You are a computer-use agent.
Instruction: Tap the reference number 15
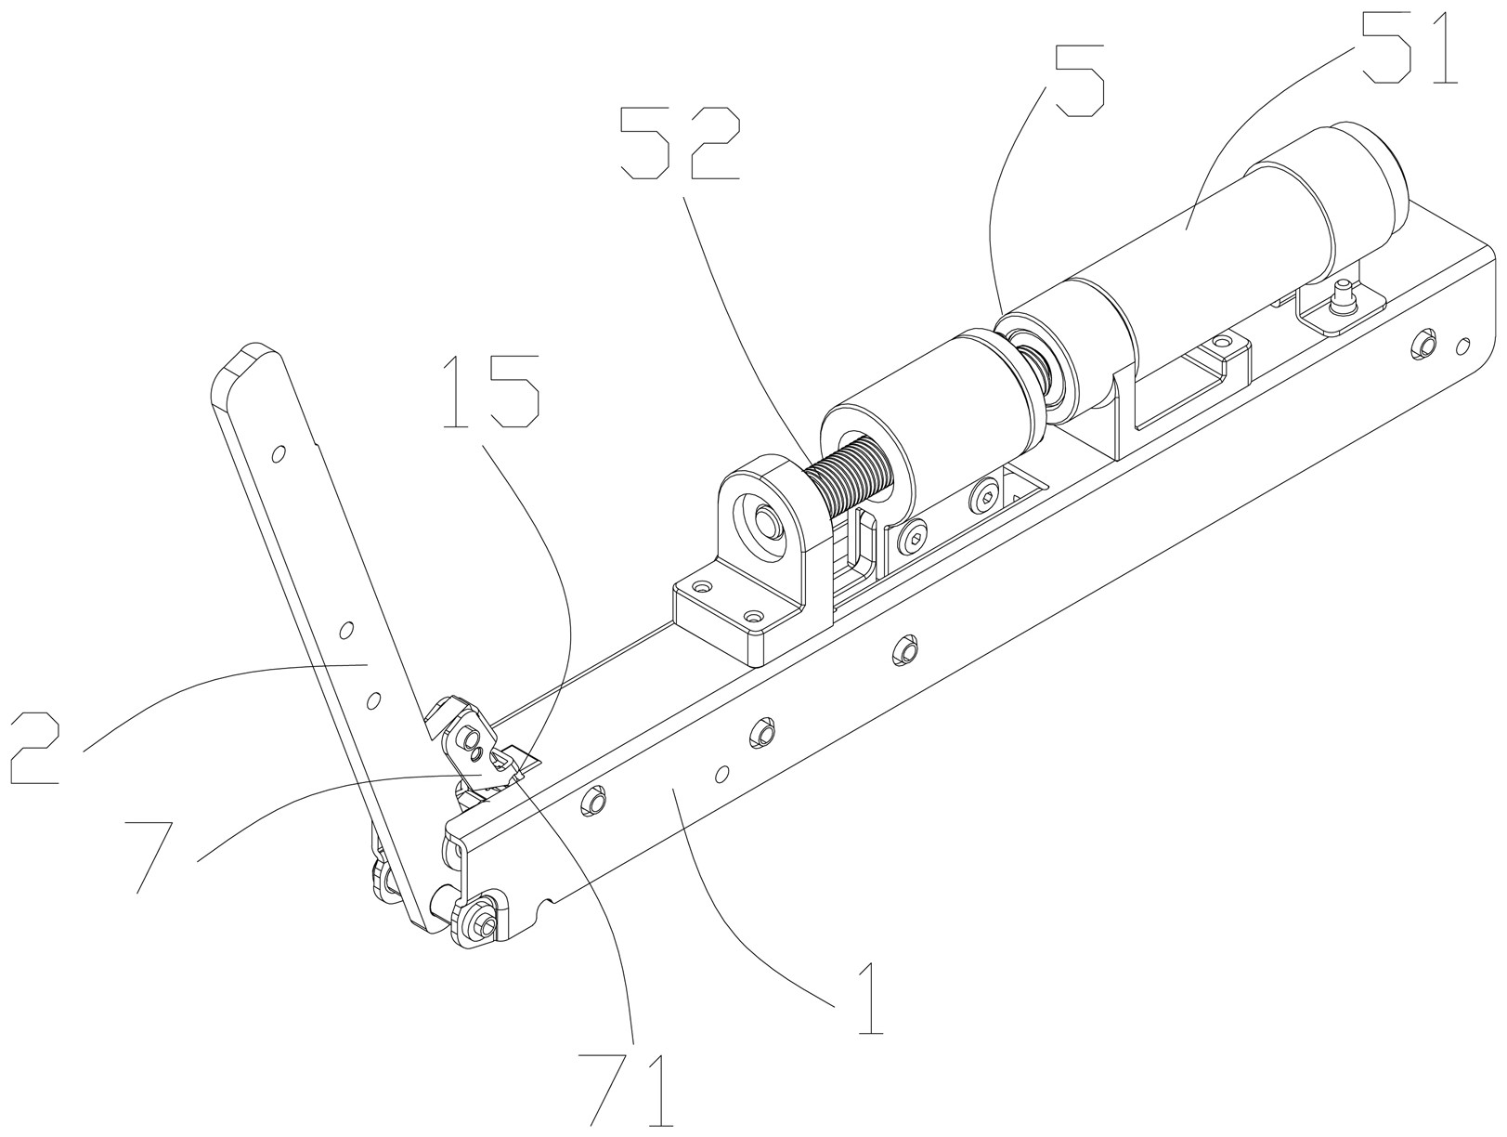click(x=491, y=390)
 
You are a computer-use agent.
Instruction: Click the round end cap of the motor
click(x=1369, y=167)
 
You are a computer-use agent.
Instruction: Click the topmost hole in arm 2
click(x=277, y=455)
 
